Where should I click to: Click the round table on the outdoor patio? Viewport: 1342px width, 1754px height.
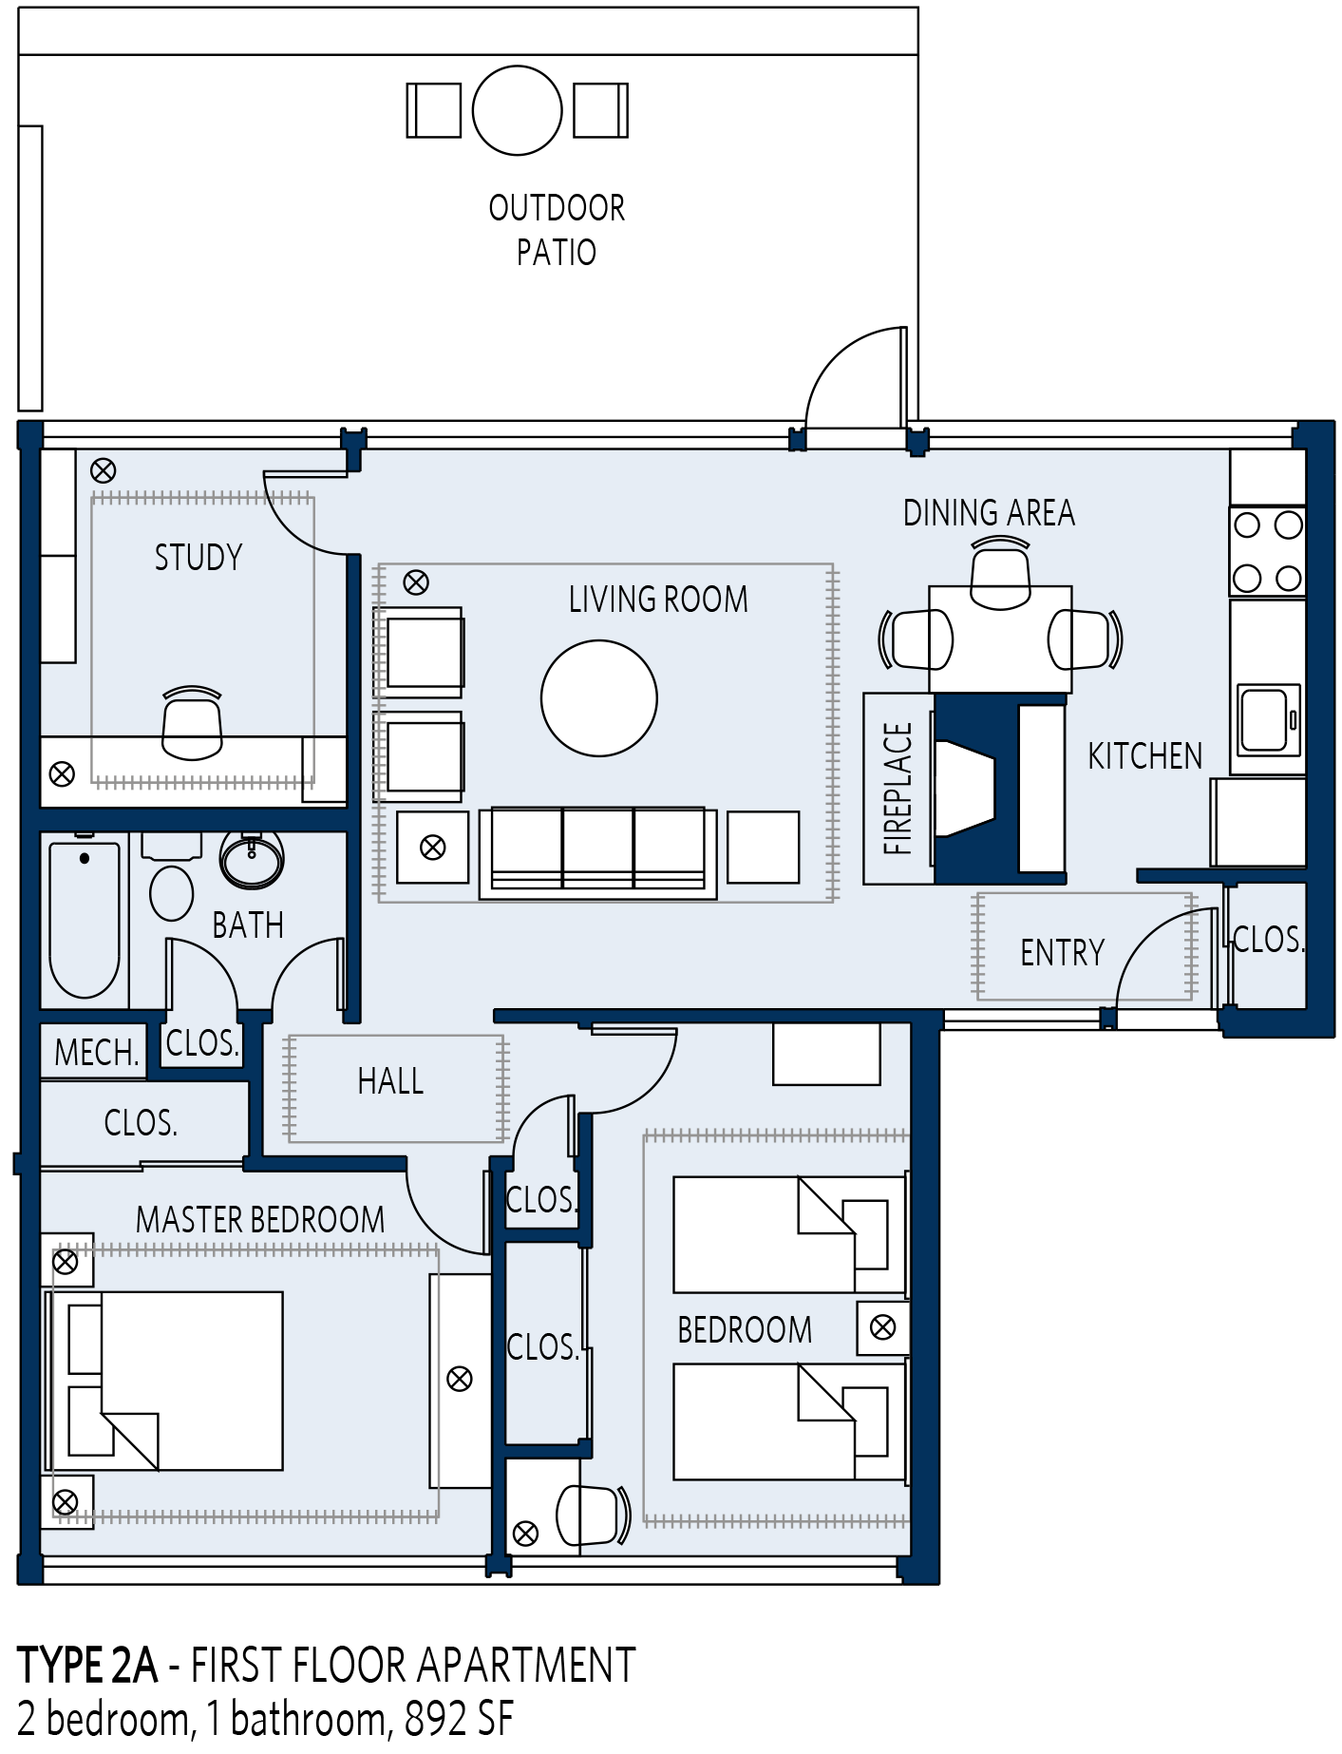518,110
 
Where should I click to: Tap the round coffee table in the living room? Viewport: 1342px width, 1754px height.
599,698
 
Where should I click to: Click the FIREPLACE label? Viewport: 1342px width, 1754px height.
898,789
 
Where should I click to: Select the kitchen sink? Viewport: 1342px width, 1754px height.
1269,719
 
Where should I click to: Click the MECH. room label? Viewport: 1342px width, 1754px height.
97,1053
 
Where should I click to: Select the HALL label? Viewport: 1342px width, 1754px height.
390,1081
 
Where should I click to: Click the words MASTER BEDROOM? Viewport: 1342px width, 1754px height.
260,1219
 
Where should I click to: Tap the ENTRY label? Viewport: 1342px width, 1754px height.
1063,952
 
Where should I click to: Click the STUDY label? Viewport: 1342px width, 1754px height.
198,557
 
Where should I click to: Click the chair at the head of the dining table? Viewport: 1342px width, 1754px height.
1000,573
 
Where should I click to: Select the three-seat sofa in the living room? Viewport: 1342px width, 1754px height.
598,852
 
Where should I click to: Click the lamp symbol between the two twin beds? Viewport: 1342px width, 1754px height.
883,1327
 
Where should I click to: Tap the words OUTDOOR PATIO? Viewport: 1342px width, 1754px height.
557,230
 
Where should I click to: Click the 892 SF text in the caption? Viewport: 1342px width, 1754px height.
459,1718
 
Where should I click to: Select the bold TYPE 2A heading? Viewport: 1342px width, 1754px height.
87,1665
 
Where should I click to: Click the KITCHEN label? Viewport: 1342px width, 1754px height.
1145,756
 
